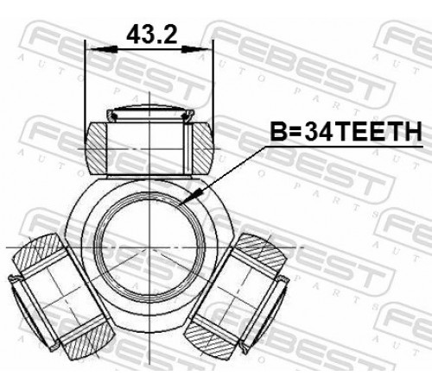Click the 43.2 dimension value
pos(151,34)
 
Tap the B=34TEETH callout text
pos(346,131)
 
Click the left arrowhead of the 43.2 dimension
pos(103,49)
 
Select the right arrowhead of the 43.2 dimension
pos(197,49)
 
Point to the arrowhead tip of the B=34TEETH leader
pos(180,205)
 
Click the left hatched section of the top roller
pos(97,148)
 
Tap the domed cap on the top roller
pos(149,114)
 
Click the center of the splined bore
pos(149,247)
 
